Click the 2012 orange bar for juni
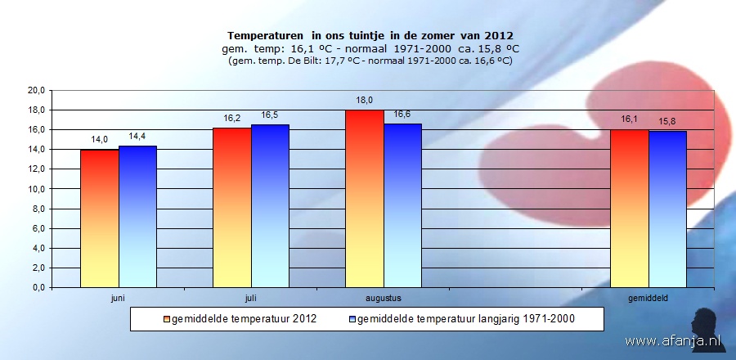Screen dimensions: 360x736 coord(99,218)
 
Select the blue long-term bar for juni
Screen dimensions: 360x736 coord(137,217)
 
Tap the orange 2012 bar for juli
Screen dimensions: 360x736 coord(231,208)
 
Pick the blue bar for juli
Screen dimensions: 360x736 coord(270,206)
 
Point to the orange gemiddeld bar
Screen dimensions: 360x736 coord(629,209)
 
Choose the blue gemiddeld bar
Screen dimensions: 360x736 coord(667,209)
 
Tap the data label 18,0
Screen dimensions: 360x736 coord(364,100)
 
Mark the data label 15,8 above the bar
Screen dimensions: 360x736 coord(667,122)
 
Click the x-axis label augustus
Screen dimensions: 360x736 coord(383,299)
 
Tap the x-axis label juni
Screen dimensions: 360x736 coord(118,299)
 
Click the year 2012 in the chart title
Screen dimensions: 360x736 coord(498,36)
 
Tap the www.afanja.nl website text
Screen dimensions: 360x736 coord(664,340)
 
